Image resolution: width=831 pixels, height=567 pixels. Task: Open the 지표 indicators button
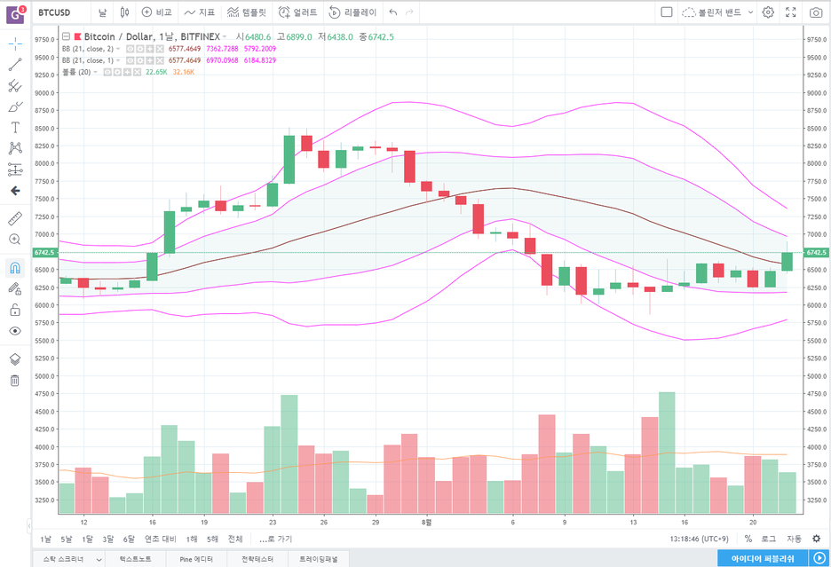(x=200, y=12)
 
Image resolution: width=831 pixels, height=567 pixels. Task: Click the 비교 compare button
(x=157, y=12)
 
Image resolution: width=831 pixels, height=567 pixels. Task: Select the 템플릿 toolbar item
(x=247, y=12)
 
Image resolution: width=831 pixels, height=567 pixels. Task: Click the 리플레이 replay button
(x=352, y=12)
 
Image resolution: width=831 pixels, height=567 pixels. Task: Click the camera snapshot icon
(x=816, y=12)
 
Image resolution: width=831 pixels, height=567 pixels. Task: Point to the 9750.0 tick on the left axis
(x=45, y=40)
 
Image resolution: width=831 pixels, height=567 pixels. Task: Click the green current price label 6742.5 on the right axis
(x=817, y=253)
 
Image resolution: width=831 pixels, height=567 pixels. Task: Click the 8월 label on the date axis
(x=427, y=524)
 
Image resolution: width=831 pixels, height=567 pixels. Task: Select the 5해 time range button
(x=212, y=539)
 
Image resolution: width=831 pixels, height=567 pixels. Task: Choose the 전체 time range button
(x=235, y=539)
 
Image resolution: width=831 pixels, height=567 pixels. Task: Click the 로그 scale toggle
(x=768, y=539)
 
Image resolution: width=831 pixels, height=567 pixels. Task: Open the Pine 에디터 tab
(x=196, y=559)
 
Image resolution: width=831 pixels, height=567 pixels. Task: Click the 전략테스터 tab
(x=250, y=559)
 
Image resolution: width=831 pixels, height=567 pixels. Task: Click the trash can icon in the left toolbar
(x=15, y=381)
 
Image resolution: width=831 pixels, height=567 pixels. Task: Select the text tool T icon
(x=15, y=128)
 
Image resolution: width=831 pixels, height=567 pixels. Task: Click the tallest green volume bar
(x=667, y=453)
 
